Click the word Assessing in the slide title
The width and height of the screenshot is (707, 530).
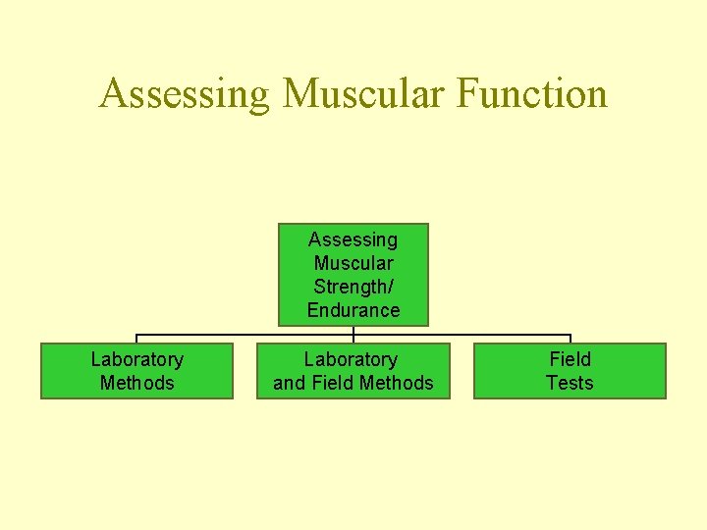point(185,95)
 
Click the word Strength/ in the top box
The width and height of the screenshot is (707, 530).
point(353,287)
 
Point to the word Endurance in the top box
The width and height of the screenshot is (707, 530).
point(353,310)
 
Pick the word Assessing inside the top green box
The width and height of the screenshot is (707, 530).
point(353,239)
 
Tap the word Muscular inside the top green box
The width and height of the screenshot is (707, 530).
point(353,263)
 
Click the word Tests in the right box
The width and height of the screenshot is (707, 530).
point(570,383)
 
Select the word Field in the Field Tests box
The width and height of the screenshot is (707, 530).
point(570,359)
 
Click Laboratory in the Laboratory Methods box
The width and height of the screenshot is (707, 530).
point(136,359)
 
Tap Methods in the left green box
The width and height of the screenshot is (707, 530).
point(136,383)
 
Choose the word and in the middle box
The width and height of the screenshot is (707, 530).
point(289,383)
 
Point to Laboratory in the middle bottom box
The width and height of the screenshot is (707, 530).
point(351,359)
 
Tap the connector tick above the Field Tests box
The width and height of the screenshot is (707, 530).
point(571,339)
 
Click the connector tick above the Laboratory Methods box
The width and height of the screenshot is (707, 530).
point(136,339)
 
